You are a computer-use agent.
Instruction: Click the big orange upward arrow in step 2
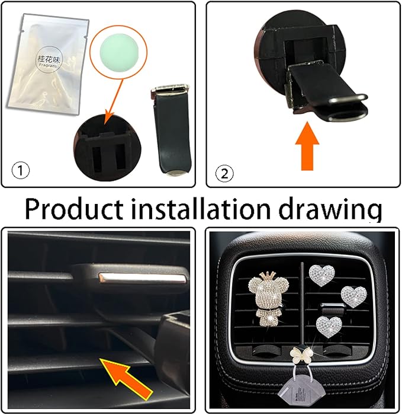(x=305, y=143)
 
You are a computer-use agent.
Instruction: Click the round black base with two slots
(x=107, y=145)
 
